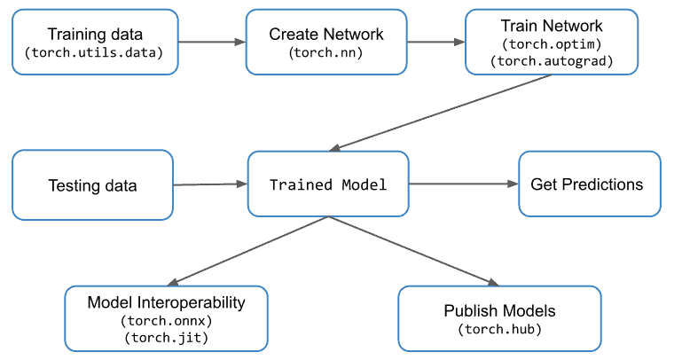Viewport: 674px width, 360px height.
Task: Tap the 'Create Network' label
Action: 326,34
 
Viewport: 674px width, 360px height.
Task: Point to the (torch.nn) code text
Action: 326,52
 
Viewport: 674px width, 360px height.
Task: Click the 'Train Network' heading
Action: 552,26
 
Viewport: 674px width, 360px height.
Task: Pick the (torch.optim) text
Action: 552,43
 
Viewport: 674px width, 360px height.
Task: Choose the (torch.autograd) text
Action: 552,61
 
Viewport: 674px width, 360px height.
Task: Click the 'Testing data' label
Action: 92,185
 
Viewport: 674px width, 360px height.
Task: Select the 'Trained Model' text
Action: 328,185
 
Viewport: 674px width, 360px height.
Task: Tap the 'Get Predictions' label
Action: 587,184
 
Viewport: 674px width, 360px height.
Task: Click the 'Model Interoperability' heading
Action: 166,303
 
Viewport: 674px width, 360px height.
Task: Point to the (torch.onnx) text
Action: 166,321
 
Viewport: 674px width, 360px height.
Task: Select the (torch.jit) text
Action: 166,338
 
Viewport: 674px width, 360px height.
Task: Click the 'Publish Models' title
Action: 499,311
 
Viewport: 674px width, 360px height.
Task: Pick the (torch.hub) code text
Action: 499,329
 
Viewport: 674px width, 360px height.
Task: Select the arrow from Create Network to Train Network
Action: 435,42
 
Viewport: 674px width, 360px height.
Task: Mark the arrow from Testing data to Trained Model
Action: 209,184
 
